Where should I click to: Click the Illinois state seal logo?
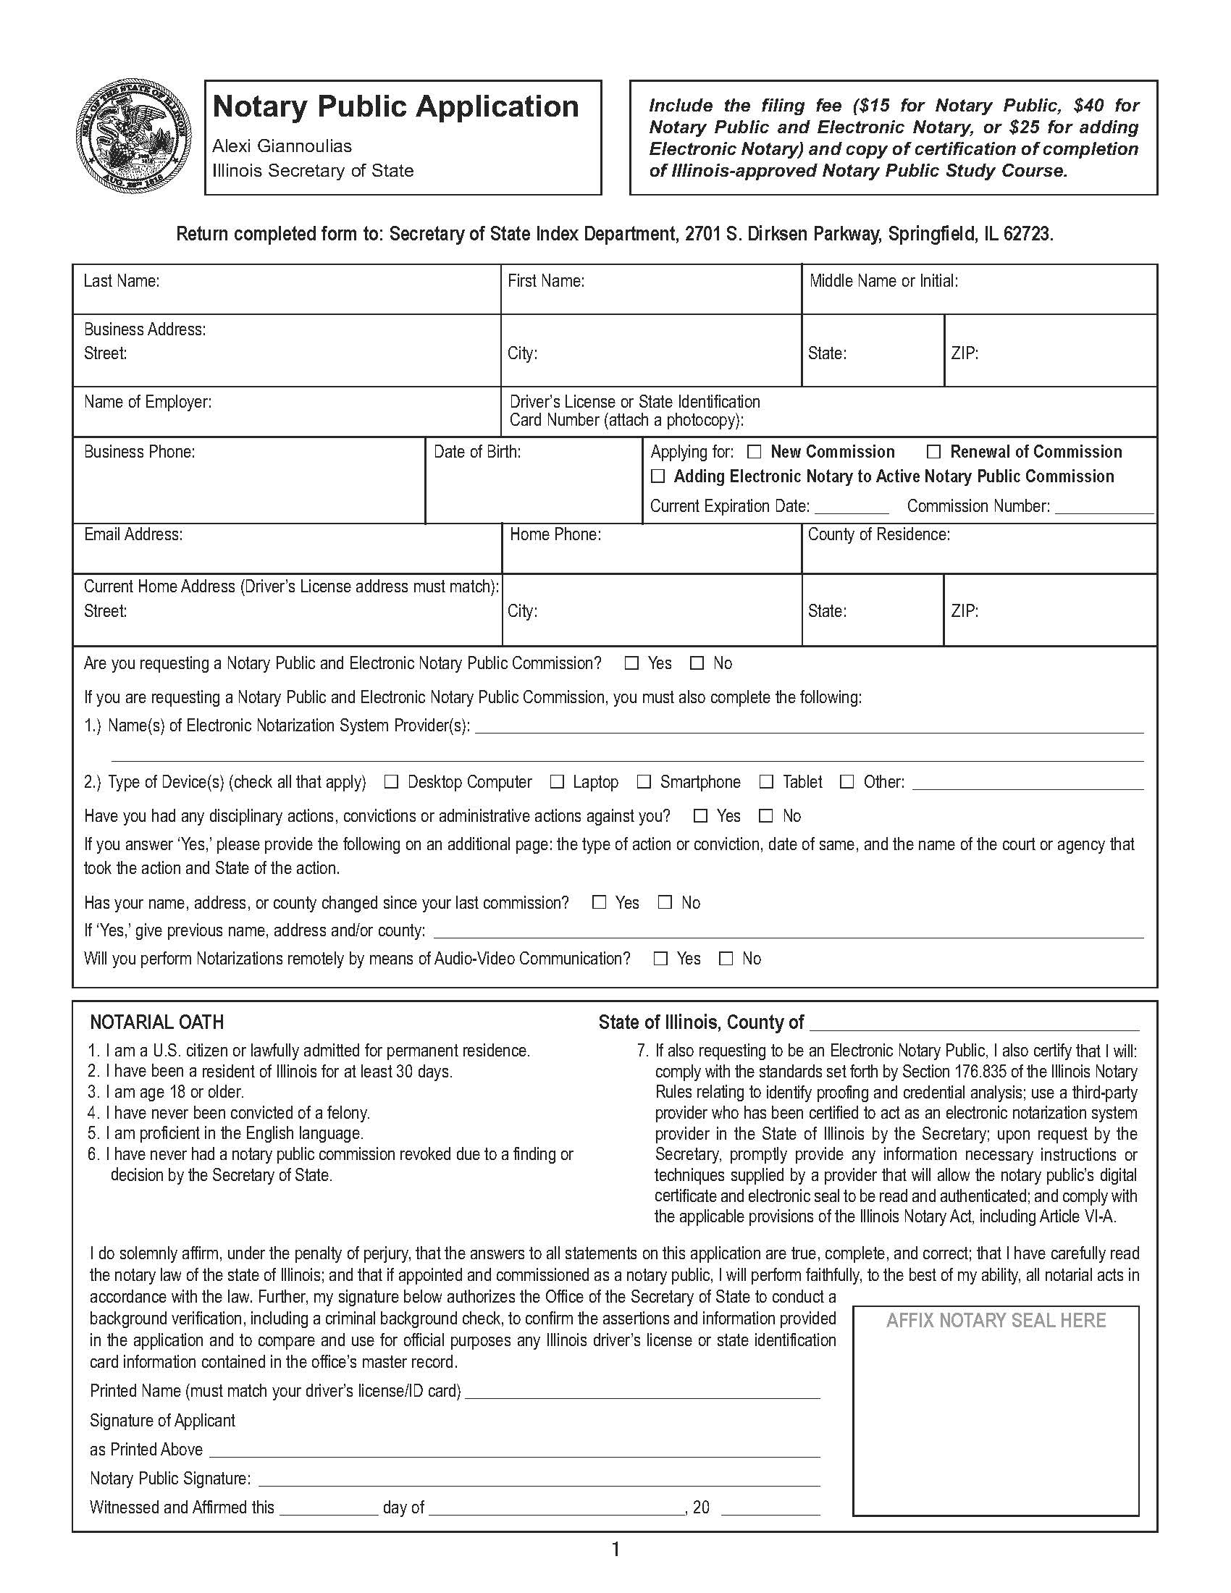133,135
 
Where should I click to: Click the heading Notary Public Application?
395,106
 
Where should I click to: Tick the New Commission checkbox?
754,453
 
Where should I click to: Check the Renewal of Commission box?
933,453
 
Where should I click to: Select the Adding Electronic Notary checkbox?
657,476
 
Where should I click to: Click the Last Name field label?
121,281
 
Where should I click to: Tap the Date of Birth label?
477,453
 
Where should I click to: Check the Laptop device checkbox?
557,782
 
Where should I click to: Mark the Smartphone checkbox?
644,782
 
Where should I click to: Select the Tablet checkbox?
766,782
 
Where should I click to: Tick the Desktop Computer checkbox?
392,782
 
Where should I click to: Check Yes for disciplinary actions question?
701,816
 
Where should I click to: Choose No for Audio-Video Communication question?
726,959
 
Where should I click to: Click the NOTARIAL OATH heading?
157,1022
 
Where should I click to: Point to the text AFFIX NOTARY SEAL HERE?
996,1321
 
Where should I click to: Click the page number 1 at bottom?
615,1550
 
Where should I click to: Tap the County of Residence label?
879,534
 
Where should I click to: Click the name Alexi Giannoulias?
282,146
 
